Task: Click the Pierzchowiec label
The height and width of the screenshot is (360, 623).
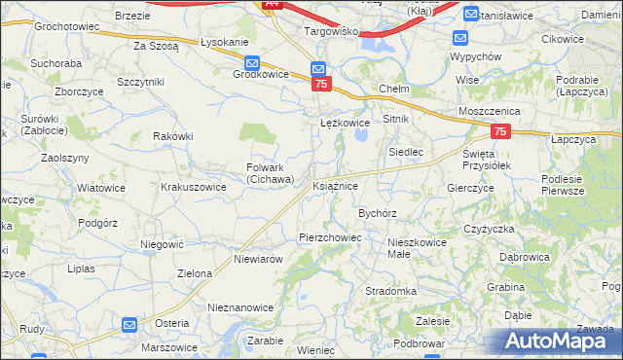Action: point(330,237)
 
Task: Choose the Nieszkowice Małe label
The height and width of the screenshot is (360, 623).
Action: point(417,246)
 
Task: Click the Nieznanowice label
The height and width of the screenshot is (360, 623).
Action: point(240,307)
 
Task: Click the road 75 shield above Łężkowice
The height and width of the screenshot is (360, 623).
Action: point(322,85)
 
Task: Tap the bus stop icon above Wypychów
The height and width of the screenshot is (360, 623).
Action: point(461,39)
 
